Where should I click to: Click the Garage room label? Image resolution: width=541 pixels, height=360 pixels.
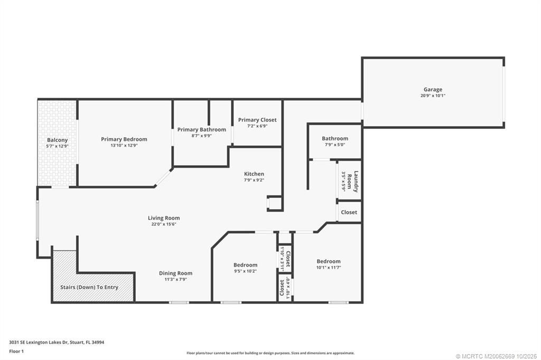point(433,89)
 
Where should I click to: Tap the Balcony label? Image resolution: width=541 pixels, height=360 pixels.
point(58,140)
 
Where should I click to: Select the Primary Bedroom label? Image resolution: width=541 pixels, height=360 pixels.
point(124,139)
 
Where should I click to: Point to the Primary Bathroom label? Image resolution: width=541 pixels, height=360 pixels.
point(201,129)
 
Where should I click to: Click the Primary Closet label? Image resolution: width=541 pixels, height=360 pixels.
point(257,120)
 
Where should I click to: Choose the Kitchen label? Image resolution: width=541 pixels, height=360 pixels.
point(254,174)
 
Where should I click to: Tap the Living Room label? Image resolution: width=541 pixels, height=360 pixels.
point(164,218)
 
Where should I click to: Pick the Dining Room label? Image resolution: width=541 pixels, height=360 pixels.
point(176,273)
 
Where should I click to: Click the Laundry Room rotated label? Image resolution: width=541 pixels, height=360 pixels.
point(357,181)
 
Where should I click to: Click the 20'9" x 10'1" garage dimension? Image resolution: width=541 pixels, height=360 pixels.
point(433,96)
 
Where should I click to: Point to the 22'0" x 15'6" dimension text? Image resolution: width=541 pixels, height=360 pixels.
point(164,224)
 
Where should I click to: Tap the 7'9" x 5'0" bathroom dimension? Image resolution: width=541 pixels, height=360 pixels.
point(335,145)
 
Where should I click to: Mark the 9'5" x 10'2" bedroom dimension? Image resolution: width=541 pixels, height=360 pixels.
point(246,271)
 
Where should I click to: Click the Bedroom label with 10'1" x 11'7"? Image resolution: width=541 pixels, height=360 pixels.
point(329,261)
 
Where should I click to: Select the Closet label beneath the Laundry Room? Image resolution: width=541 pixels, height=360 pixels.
point(349,212)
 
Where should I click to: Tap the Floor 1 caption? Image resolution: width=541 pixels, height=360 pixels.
point(16,351)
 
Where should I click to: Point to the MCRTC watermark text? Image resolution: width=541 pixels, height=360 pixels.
point(496,355)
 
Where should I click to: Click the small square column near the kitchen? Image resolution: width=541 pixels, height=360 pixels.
point(275,203)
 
